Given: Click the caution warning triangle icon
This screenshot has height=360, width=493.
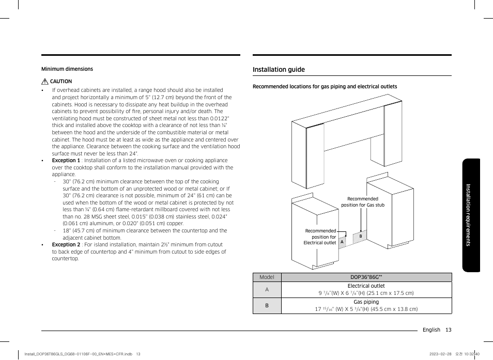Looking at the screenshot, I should (45, 82).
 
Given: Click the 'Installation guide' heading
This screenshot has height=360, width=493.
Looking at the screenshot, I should (279, 70).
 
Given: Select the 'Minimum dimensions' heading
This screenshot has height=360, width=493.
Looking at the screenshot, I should (67, 69).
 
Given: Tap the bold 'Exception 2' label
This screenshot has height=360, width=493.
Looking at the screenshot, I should (66, 245).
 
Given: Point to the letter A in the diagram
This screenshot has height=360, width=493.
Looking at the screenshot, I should (342, 242).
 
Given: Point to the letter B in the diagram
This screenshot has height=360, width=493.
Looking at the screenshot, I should (361, 236).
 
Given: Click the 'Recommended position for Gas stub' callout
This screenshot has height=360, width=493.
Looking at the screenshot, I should (363, 202).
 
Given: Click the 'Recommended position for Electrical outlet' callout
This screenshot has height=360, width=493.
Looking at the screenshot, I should (320, 237).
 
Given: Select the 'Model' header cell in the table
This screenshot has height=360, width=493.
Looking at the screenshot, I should (267, 277).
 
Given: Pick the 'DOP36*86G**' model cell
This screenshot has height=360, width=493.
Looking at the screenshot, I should (366, 277).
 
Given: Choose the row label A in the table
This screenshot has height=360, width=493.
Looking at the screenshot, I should (267, 290).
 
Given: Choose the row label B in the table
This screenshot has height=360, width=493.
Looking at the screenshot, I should (267, 306).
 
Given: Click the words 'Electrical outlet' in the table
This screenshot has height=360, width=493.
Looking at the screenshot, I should (366, 286).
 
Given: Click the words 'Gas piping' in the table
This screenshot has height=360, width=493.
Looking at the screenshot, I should (366, 302).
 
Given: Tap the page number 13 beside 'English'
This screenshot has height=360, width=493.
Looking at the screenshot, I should (448, 330).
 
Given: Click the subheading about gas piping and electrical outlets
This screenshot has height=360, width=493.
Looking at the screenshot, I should (325, 86).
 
